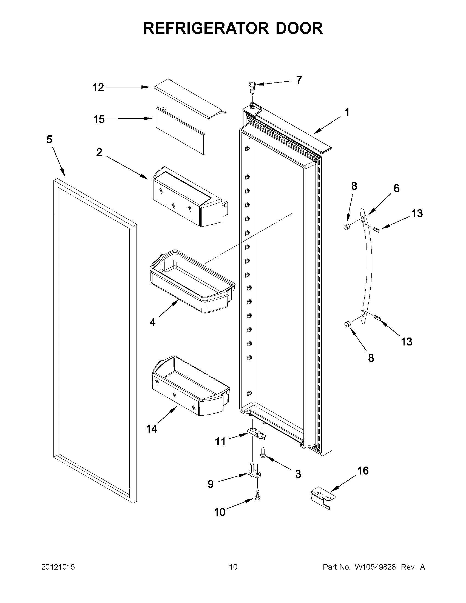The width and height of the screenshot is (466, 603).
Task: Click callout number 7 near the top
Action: [299, 80]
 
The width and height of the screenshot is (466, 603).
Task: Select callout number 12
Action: [98, 87]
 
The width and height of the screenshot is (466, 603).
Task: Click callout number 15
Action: [99, 119]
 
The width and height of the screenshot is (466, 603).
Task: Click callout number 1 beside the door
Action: [347, 112]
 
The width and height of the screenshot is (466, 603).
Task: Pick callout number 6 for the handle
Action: [396, 188]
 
